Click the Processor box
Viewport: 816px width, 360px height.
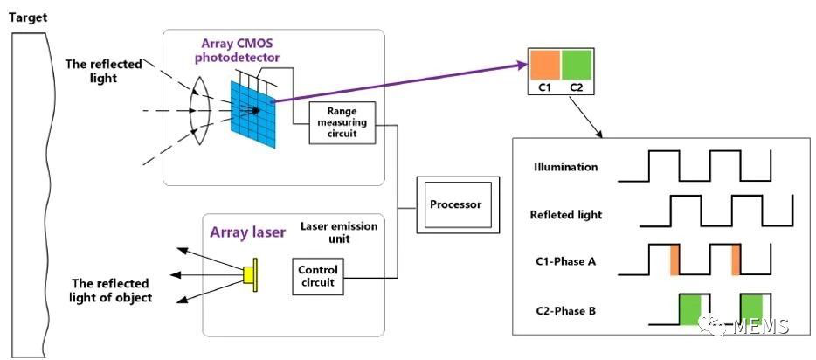pyautogui.click(x=455, y=205)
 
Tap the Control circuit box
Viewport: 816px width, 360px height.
pyautogui.click(x=317, y=276)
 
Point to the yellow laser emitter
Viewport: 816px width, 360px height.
pyautogui.click(x=251, y=273)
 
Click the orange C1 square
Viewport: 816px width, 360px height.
pyautogui.click(x=544, y=66)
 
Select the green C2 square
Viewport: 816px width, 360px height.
pyautogui.click(x=577, y=66)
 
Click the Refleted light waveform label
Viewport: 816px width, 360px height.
pyautogui.click(x=566, y=213)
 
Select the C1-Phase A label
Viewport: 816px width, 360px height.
pyautogui.click(x=565, y=261)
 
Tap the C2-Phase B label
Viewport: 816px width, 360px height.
pyautogui.click(x=565, y=309)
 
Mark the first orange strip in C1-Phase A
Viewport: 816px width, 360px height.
pyautogui.click(x=674, y=260)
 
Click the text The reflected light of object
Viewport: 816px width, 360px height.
pyautogui.click(x=111, y=290)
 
